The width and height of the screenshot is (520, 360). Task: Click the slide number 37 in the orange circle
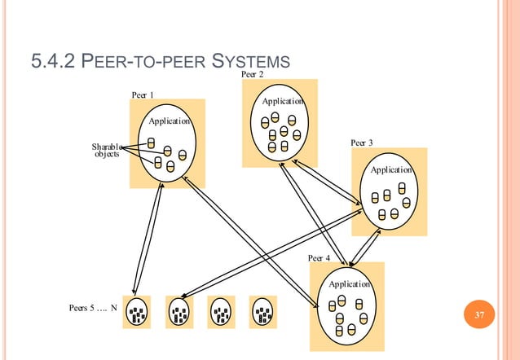478,315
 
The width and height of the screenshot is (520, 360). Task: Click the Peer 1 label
143,94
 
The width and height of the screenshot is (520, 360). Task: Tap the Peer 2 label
253,75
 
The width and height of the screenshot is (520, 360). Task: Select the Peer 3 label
361,143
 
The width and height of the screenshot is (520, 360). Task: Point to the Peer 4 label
319,257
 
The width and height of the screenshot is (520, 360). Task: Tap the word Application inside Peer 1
169,121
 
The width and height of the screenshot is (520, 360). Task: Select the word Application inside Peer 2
282,102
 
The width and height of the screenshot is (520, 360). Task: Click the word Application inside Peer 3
391,170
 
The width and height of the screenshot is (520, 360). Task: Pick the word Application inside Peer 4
349,284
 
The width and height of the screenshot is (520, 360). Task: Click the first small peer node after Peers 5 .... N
137,311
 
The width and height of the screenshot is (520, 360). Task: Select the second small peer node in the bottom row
179,311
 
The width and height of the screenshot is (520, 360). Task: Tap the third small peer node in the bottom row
221,311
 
